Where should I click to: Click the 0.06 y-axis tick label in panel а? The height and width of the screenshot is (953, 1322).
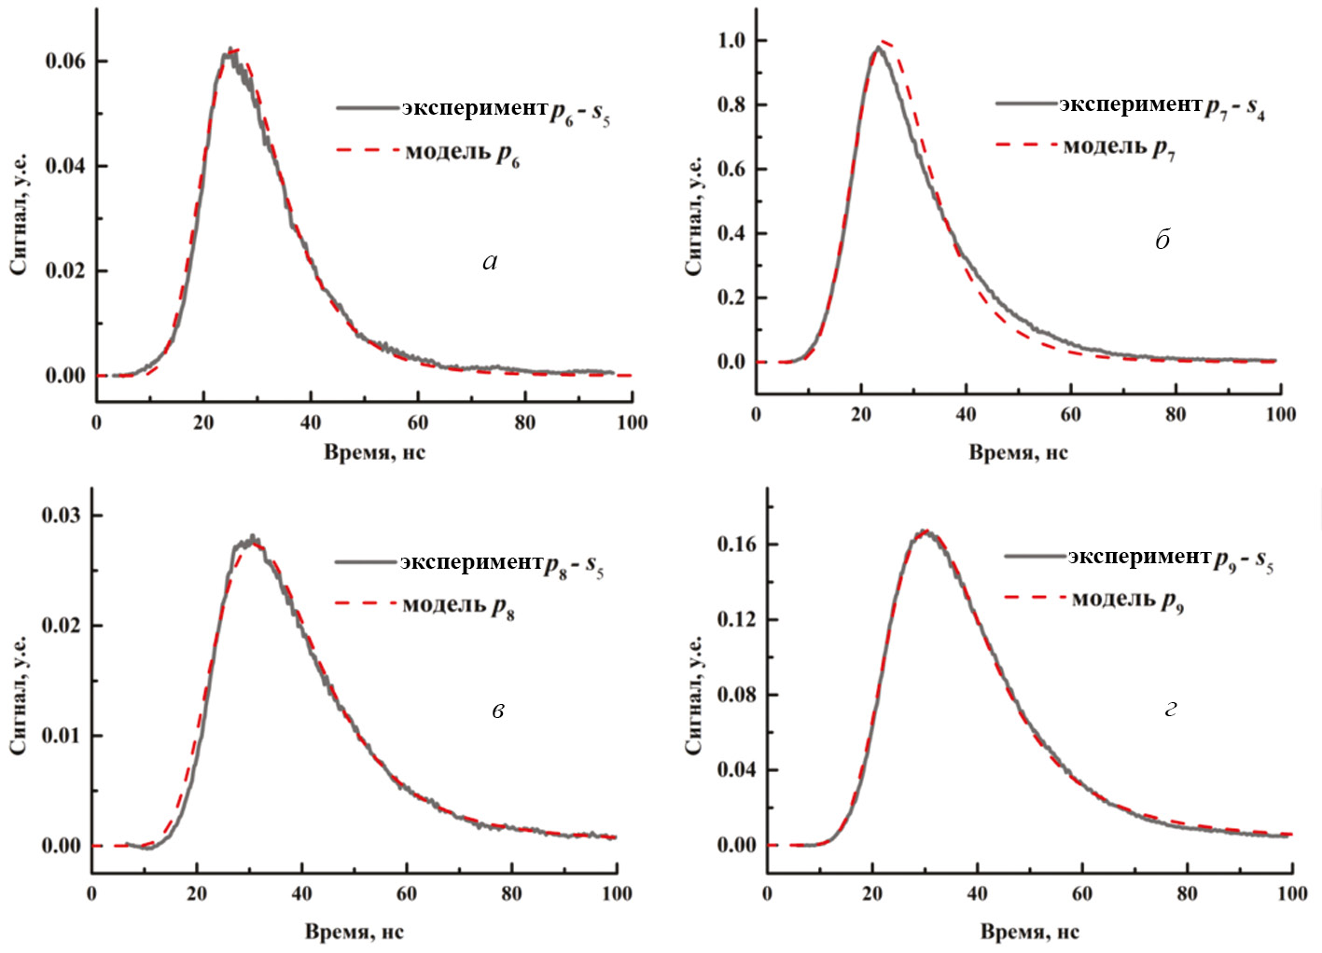point(64,62)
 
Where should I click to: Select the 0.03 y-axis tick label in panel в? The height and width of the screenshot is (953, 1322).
point(61,516)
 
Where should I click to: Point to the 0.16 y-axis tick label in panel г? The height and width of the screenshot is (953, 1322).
point(736,545)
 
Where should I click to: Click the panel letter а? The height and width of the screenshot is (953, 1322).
point(490,262)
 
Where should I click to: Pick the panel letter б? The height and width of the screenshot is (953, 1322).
point(1162,241)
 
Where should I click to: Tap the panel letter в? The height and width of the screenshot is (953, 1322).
point(498,711)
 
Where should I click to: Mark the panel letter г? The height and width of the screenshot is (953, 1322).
point(1171,709)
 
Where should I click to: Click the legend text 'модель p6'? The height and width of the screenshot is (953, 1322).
point(462,153)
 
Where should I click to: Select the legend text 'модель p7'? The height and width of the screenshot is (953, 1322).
point(1119,147)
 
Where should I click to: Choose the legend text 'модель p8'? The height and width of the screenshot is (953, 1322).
point(458,606)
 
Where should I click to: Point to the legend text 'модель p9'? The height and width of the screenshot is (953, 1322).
point(1127,600)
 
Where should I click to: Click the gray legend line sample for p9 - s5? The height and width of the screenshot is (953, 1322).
point(1035,557)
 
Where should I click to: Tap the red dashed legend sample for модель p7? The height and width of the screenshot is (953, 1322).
point(1026,145)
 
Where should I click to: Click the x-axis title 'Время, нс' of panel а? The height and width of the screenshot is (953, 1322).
point(374,453)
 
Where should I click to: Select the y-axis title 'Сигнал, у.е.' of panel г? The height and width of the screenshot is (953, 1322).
point(695,696)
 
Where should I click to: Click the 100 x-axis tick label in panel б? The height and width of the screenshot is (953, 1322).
point(1280,414)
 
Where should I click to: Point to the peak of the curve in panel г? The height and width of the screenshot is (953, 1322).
point(924,531)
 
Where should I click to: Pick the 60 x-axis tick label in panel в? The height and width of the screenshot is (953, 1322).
point(407,893)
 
